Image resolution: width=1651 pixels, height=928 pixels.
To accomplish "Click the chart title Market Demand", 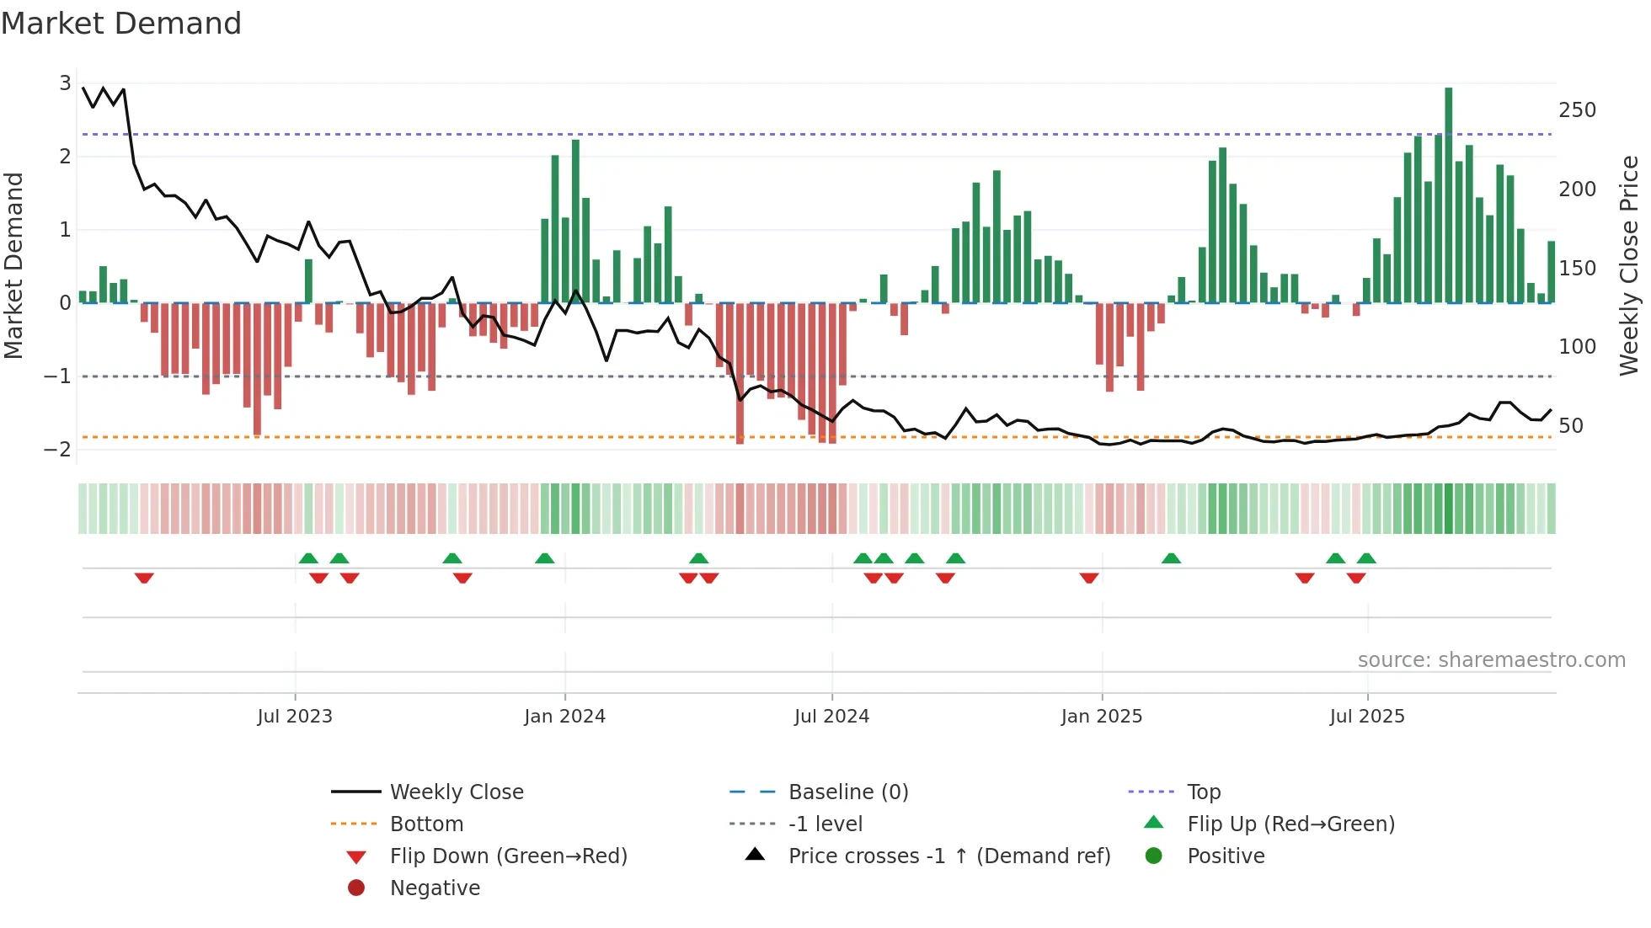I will click(121, 24).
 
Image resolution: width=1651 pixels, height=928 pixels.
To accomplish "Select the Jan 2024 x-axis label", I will click(564, 717).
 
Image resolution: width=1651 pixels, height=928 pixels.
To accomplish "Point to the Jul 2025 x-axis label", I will click(1367, 717).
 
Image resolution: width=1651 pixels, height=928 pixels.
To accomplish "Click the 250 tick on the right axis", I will click(1577, 110).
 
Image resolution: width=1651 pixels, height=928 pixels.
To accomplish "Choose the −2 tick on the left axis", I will click(57, 449).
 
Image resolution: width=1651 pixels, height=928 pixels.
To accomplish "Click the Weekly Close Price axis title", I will click(1629, 265).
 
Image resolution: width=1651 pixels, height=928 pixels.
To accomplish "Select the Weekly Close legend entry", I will click(456, 792).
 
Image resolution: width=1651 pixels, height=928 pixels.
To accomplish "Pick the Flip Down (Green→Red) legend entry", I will click(508, 856).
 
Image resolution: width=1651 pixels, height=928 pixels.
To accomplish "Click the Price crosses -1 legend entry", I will click(948, 856).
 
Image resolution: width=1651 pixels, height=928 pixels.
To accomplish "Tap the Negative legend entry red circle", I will click(356, 888).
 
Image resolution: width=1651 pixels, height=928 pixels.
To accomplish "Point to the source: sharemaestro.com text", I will click(1491, 660).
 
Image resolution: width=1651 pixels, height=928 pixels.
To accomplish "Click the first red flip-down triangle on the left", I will click(144, 578).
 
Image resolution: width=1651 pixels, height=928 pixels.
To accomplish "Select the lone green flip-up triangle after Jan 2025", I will click(1171, 558).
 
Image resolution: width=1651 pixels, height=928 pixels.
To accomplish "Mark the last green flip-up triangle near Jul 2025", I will click(1366, 558).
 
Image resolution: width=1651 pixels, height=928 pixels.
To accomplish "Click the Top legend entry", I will click(1203, 792).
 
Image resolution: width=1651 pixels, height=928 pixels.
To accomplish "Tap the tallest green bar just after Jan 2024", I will click(575, 221).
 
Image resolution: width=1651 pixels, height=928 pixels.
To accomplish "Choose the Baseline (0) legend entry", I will click(847, 792).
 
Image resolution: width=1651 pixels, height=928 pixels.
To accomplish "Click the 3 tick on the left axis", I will click(65, 83).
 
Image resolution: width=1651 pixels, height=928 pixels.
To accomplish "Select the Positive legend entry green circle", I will click(1154, 856).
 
